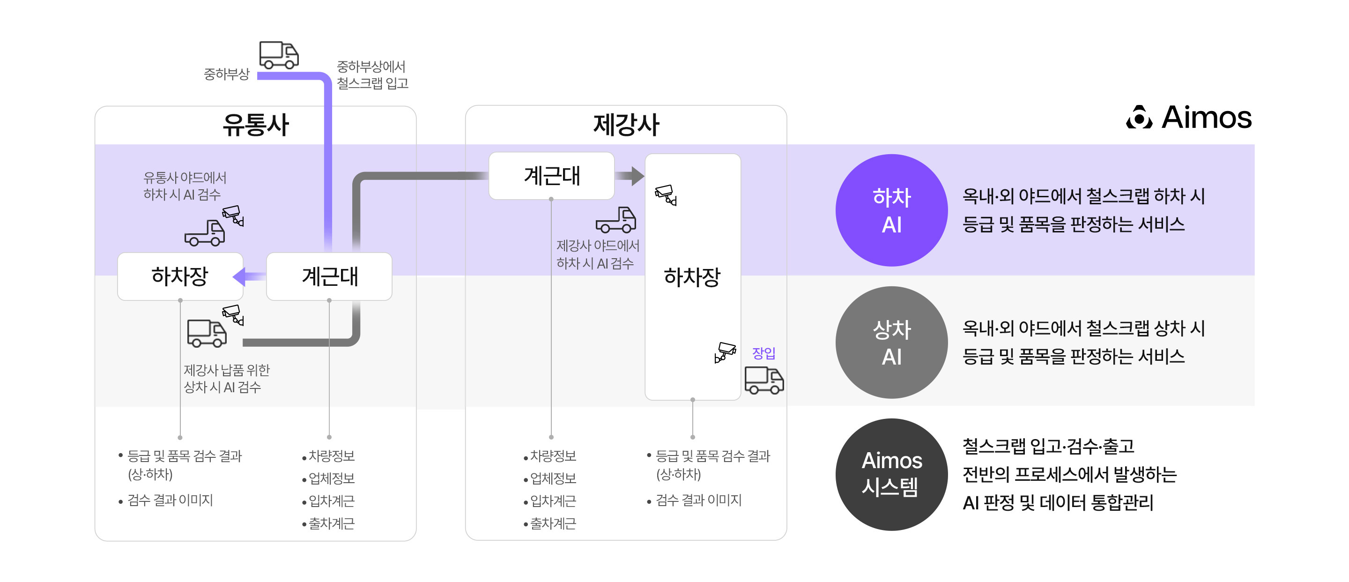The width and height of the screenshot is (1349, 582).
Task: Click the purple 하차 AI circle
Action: (891, 210)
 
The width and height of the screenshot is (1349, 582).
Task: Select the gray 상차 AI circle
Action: (891, 343)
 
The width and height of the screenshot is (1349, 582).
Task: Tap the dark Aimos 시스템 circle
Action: (891, 474)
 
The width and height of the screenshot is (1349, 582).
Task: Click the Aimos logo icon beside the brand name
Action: (1139, 117)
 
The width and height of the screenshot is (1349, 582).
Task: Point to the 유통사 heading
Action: (256, 125)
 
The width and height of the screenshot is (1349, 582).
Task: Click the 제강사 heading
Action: (626, 125)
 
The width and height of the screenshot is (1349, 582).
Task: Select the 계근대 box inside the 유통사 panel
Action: (329, 276)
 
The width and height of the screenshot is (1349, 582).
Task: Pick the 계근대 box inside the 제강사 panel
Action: (551, 176)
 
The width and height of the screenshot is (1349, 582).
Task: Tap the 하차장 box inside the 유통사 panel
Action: (180, 276)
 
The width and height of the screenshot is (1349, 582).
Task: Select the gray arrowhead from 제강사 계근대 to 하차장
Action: (637, 176)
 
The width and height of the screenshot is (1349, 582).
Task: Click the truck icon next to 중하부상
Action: (279, 55)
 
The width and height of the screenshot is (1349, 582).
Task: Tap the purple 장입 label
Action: (763, 353)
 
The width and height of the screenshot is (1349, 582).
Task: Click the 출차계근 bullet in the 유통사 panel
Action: (332, 523)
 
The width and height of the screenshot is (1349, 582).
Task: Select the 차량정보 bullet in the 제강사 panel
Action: (553, 456)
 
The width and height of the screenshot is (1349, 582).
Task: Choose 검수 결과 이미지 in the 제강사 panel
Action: (698, 500)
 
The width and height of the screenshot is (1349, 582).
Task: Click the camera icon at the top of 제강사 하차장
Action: (666, 194)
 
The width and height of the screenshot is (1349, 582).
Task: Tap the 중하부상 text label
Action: (227, 74)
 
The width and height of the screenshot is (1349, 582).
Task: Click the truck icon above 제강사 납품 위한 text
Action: (207, 333)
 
